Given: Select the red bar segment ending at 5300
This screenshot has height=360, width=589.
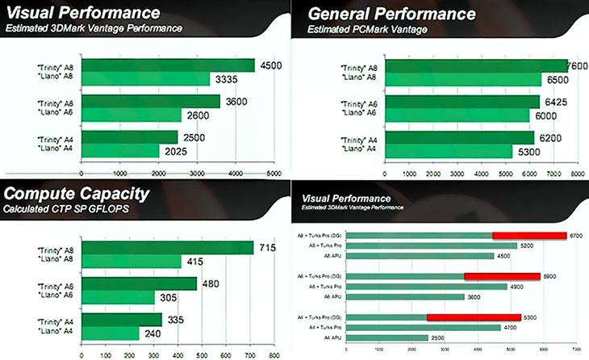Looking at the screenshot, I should tap(474, 317).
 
